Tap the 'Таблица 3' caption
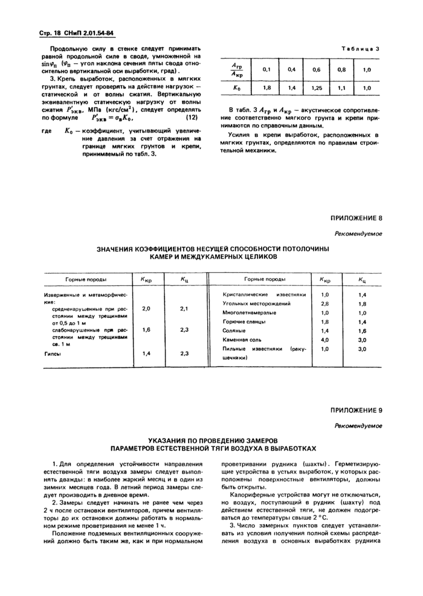point(360,48)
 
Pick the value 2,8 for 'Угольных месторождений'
point(325,303)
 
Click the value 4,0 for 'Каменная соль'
point(325,340)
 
